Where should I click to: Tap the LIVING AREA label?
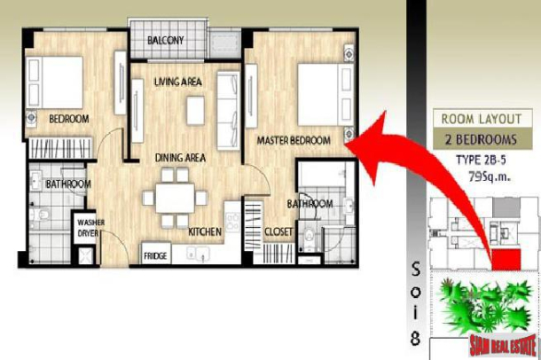pyautogui.click(x=179, y=83)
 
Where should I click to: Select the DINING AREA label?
pyautogui.click(x=181, y=158)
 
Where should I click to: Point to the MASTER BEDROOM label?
pyautogui.click(x=294, y=141)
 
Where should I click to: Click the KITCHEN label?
pyautogui.click(x=204, y=232)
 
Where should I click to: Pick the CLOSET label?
pyautogui.click(x=278, y=232)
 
